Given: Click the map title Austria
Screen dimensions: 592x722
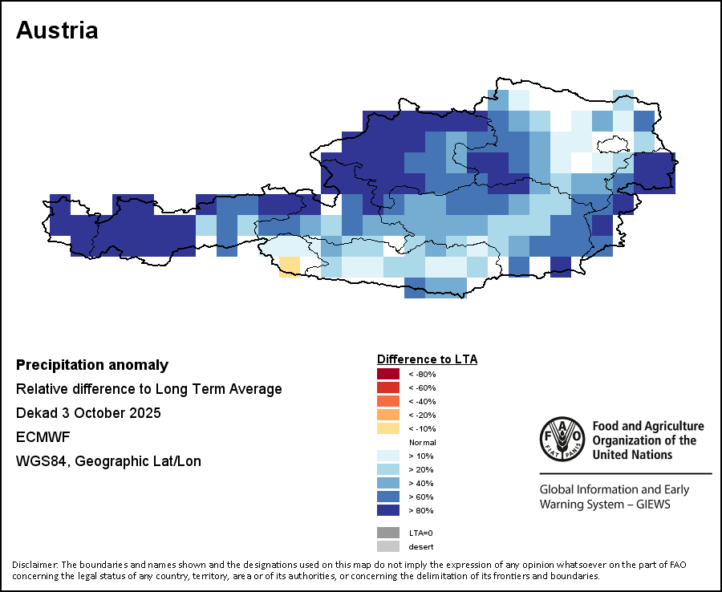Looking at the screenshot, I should [57, 30].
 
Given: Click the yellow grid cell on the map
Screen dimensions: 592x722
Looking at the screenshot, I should [289, 266].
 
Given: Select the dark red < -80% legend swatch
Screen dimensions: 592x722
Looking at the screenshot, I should [388, 374].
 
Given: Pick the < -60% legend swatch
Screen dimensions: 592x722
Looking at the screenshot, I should [388, 387].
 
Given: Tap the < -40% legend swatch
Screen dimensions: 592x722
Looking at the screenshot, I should [388, 401].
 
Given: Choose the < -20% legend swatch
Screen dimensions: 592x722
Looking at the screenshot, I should [388, 415].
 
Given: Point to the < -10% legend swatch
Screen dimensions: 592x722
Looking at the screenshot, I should [388, 428].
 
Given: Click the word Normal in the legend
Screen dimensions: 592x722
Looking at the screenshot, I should [422, 442].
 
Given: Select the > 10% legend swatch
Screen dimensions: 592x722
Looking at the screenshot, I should [388, 456].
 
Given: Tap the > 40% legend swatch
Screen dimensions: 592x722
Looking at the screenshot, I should [388, 483].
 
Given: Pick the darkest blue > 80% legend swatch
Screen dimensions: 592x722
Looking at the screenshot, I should [388, 510].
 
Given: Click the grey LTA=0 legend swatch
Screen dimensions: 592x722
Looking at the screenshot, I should [388, 533].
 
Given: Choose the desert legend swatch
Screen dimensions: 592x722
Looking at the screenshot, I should [388, 546].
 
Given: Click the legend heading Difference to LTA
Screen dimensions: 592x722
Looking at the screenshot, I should [427, 359].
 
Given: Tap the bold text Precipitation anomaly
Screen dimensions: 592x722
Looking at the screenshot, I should [92, 365].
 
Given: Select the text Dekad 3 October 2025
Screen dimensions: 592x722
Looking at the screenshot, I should [88, 413].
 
